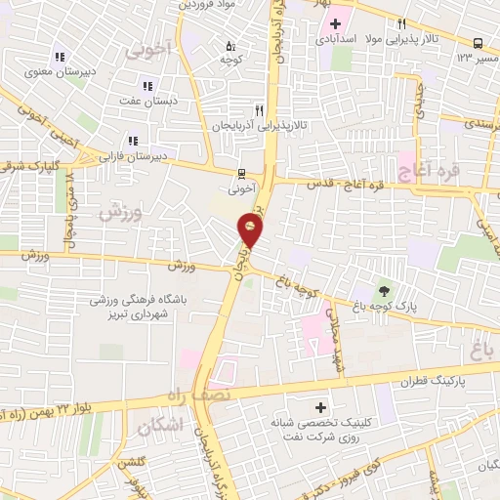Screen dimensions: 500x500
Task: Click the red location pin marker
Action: [251, 230]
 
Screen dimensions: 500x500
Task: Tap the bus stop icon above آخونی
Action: [241, 175]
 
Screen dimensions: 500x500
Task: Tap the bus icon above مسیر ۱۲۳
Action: [478, 43]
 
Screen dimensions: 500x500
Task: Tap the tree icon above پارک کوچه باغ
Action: [383, 290]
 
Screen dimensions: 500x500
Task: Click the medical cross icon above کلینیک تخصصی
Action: [321, 406]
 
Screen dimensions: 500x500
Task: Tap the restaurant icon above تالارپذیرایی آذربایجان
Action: [259, 110]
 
